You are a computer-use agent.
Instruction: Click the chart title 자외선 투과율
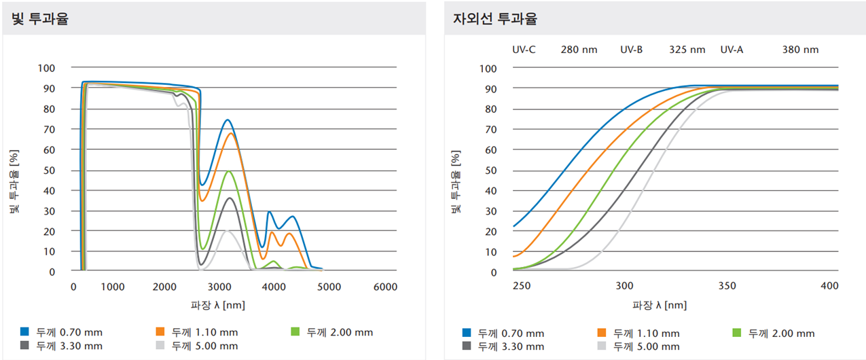494,19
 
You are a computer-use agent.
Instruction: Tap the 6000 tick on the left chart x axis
385,287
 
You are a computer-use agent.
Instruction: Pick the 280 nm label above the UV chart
579,50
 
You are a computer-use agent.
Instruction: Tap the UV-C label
524,50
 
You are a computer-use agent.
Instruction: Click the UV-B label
631,50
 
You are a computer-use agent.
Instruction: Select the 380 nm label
800,50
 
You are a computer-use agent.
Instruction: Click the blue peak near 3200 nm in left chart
227,120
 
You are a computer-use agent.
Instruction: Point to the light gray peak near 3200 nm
227,231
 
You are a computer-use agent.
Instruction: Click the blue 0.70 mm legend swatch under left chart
24,332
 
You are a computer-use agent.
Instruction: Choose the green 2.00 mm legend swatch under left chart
295,332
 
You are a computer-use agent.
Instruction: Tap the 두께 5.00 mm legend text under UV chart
645,346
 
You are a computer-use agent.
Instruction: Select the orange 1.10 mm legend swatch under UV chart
601,333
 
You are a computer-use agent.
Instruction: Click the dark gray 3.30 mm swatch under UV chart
467,346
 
